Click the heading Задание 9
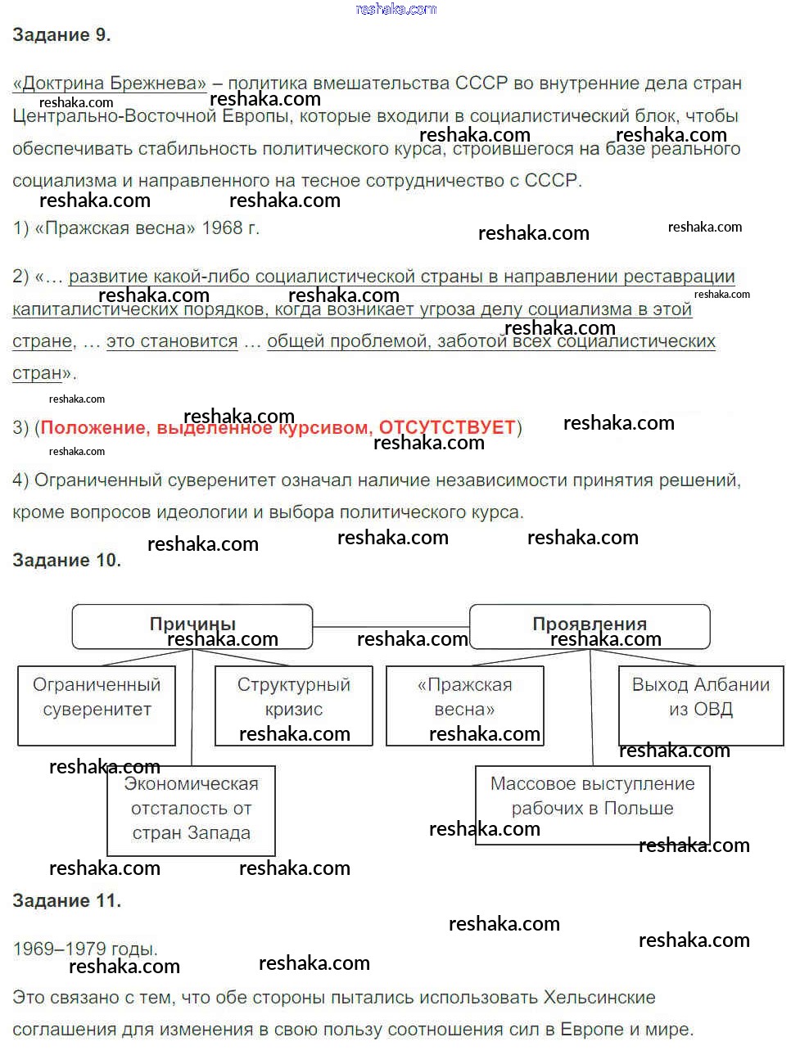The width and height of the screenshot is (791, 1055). (61, 35)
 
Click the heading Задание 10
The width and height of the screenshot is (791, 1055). (66, 561)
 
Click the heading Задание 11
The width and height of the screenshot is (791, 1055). (66, 901)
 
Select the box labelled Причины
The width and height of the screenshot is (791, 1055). (192, 626)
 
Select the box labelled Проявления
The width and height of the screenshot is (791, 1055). (590, 626)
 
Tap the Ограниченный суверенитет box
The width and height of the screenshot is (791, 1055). (97, 705)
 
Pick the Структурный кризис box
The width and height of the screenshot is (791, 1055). (293, 705)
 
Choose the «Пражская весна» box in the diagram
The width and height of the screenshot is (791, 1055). (464, 705)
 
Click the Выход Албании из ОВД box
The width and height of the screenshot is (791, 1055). (701, 705)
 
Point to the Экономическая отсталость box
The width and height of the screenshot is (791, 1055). (191, 809)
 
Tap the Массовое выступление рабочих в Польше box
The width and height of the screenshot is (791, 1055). (592, 804)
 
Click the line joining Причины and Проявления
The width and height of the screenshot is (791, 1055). (391, 627)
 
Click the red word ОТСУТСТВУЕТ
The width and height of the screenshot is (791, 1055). (447, 428)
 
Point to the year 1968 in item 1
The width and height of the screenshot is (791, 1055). (222, 228)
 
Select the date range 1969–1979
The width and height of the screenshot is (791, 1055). (59, 949)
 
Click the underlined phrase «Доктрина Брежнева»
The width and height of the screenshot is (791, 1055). (110, 83)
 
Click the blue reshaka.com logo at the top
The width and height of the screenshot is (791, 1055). (396, 10)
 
